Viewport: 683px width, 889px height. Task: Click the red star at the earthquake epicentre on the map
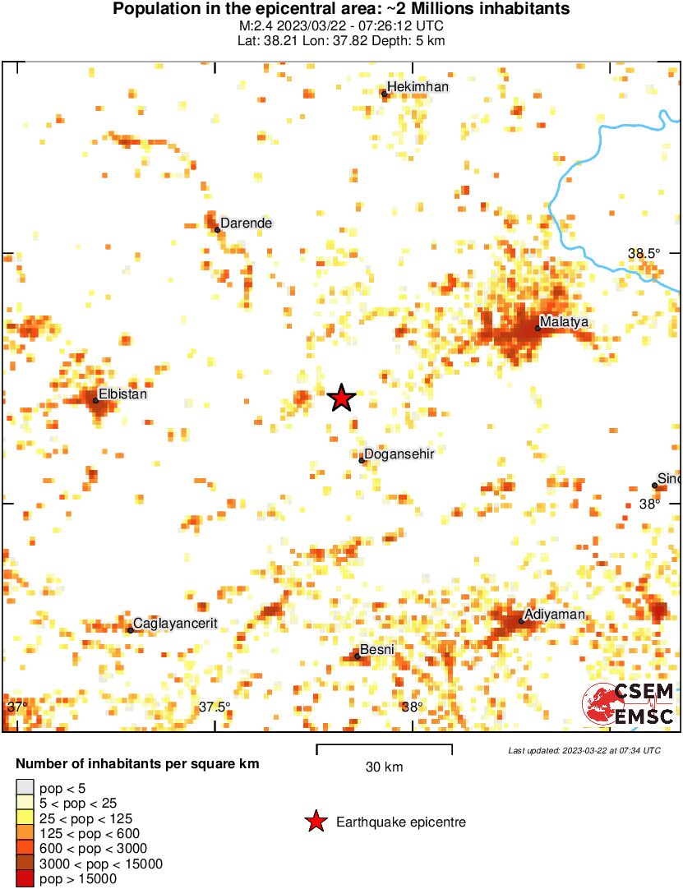341,398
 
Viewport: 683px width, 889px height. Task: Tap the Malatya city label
565,322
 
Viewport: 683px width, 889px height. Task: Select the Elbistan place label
122,394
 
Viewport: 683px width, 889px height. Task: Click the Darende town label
246,223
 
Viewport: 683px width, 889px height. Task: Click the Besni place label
378,649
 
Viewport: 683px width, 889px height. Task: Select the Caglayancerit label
175,623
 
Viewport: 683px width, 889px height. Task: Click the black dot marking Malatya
538,329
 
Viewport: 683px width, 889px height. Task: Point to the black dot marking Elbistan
95,401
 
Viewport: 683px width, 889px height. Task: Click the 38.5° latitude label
644,254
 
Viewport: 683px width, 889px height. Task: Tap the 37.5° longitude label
215,707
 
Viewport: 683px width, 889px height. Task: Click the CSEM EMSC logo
630,705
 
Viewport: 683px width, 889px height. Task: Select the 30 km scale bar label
384,767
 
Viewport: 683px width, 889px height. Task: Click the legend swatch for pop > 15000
25,878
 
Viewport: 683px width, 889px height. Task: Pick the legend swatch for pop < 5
25,788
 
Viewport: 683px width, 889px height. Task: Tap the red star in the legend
315,822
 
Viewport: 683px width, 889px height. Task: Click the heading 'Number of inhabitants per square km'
137,763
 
